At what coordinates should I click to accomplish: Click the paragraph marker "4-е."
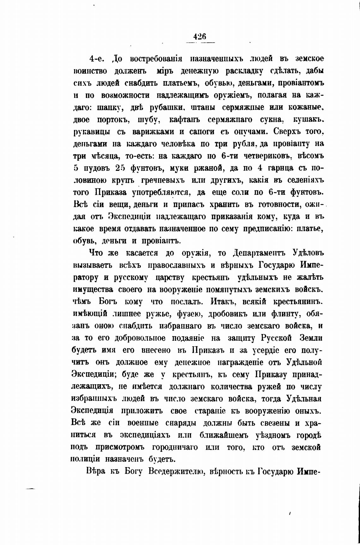[97, 59]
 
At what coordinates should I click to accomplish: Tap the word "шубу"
[147, 120]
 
